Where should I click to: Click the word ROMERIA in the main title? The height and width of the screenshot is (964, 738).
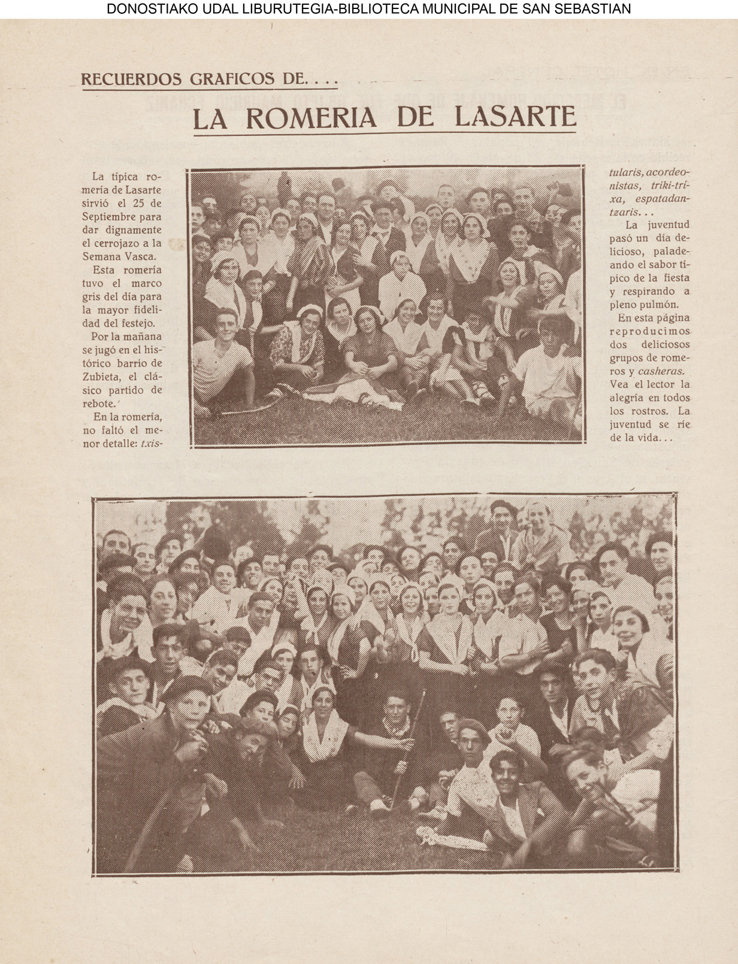click(311, 117)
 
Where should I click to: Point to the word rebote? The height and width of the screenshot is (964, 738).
click(98, 403)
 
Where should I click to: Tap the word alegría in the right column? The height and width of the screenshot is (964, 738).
click(630, 398)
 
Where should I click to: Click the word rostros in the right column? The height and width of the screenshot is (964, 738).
click(648, 411)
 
